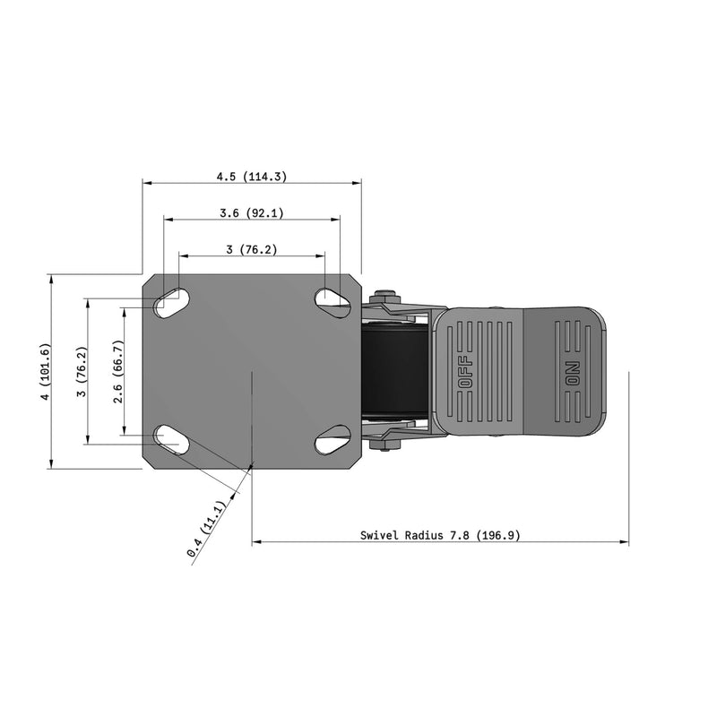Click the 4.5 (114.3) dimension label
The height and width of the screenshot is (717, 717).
[x=251, y=177]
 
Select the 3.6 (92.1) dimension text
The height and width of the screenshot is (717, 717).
[x=251, y=213]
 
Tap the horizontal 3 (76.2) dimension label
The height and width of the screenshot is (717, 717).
[x=251, y=250]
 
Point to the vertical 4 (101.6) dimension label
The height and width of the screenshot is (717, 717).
[x=45, y=371]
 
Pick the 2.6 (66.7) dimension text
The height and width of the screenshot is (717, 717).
[x=118, y=371]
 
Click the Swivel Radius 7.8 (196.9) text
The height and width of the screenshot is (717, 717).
[x=440, y=536]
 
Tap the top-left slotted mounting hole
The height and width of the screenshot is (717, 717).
[x=170, y=303]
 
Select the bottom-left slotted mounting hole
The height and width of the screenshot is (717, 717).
[x=171, y=439]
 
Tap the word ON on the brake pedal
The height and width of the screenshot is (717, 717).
[x=573, y=372]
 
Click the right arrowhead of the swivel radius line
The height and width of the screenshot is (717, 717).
[x=625, y=542]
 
